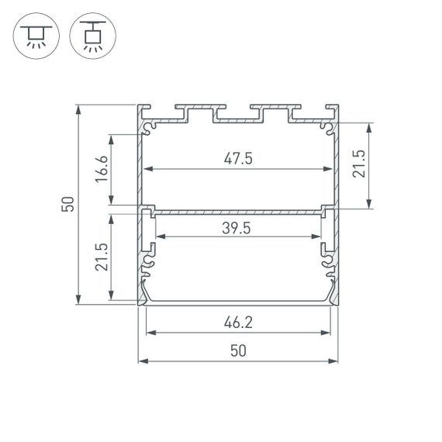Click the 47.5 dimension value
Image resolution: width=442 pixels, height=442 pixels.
click(x=238, y=158)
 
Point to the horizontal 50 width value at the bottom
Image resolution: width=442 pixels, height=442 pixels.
click(x=238, y=350)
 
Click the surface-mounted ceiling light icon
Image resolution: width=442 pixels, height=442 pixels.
click(x=33, y=36)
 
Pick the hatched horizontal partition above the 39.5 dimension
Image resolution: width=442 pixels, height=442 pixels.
click(x=238, y=209)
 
